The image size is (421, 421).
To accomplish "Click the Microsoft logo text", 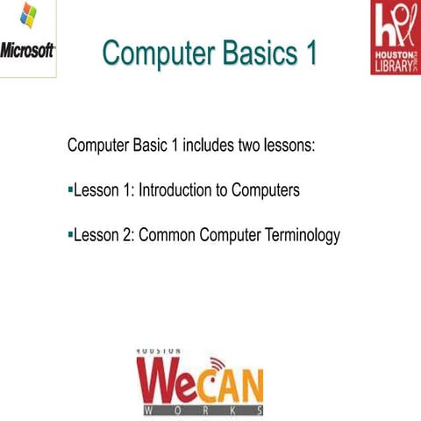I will [x=27, y=49].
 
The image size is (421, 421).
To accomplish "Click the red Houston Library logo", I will [x=395, y=38].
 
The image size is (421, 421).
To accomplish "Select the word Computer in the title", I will [x=154, y=53].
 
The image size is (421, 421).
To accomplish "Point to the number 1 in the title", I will [x=310, y=53].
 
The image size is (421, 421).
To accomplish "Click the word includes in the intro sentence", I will [x=213, y=145].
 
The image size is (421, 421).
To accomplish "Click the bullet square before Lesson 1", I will [x=70, y=189].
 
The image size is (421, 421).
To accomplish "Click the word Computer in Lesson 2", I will [x=226, y=235].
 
